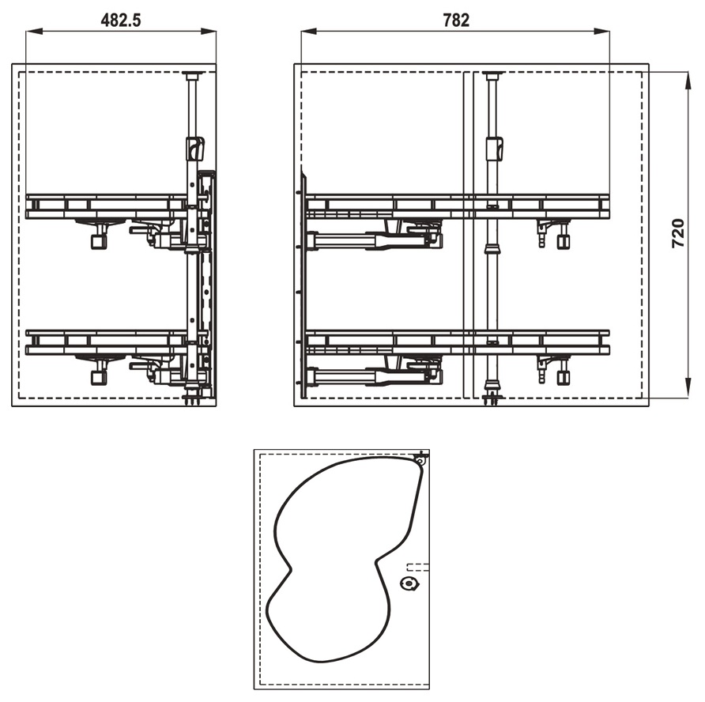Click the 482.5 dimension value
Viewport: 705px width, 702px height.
(x=121, y=21)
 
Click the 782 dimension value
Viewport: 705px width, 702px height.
(x=456, y=21)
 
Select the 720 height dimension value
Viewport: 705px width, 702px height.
(x=678, y=233)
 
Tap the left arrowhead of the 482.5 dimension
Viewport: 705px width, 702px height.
(x=34, y=32)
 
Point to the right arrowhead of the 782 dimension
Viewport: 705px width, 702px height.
(x=601, y=32)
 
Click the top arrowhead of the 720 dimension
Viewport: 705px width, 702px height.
(x=688, y=80)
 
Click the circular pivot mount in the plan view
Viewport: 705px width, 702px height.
(x=409, y=583)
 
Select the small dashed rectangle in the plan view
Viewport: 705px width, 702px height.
(x=417, y=567)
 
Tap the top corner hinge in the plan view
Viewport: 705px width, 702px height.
(x=420, y=459)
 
